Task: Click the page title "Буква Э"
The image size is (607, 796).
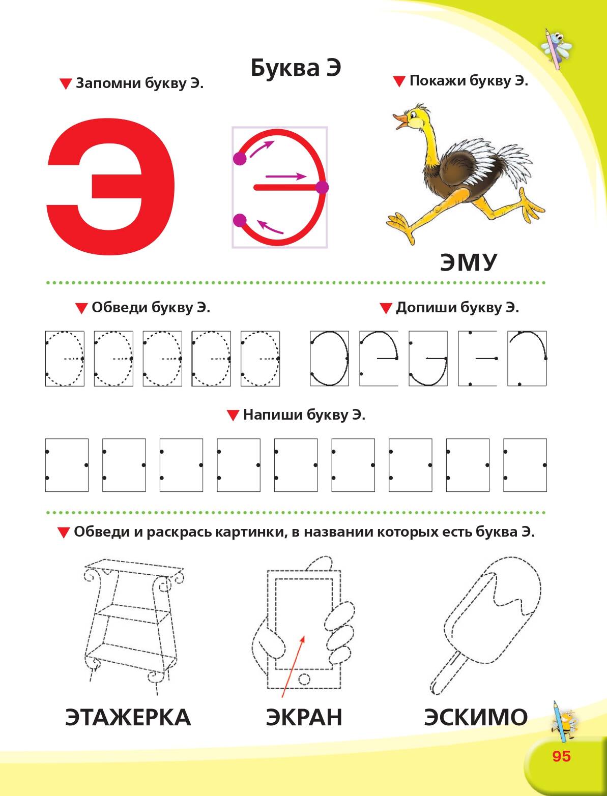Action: point(296,68)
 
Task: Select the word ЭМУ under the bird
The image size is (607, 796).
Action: point(468,262)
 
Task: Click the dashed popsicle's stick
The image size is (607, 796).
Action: point(446,674)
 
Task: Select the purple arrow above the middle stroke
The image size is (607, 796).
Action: point(286,176)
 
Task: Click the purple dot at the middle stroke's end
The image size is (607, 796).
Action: point(322,188)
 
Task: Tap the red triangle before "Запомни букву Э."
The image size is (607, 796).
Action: point(66,84)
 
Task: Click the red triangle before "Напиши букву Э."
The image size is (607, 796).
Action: point(233,415)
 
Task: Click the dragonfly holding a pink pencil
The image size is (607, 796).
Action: point(556,49)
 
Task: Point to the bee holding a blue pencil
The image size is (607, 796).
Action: point(563,722)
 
